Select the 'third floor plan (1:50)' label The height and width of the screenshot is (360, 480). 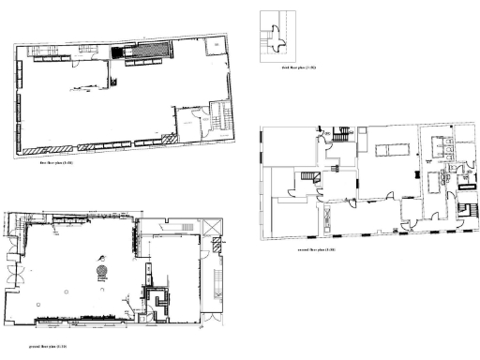tap(299, 68)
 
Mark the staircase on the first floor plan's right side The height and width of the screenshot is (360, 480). tap(219, 115)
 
